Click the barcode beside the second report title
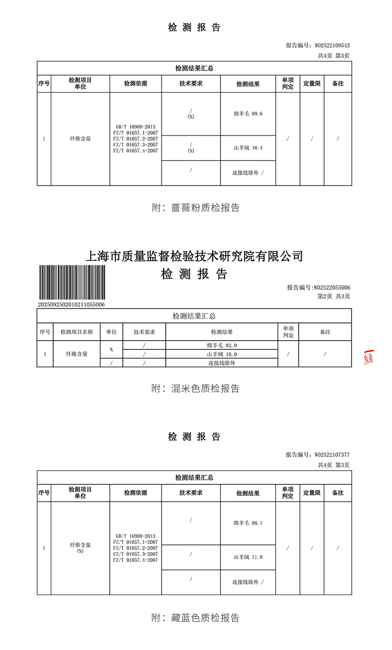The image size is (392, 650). (71, 283)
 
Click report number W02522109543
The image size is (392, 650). (317, 45)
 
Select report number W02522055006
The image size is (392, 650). (318, 287)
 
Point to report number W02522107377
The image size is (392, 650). (317, 455)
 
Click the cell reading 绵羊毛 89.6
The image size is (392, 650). (248, 114)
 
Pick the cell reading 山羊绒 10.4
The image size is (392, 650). (248, 148)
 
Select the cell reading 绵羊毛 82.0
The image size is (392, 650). (222, 345)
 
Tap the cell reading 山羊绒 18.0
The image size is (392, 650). (222, 354)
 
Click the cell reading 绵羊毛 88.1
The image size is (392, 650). (248, 523)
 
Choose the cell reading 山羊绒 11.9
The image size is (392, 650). (248, 557)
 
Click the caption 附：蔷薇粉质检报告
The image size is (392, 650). (195, 208)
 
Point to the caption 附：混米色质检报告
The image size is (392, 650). (195, 389)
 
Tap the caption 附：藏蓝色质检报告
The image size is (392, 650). (195, 618)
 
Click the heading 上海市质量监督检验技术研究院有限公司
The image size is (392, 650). (194, 256)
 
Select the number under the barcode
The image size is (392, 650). (71, 304)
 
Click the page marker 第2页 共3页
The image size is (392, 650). (333, 296)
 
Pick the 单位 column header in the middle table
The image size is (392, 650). (111, 332)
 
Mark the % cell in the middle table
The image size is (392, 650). (111, 350)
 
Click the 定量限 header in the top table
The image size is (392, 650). (312, 84)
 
